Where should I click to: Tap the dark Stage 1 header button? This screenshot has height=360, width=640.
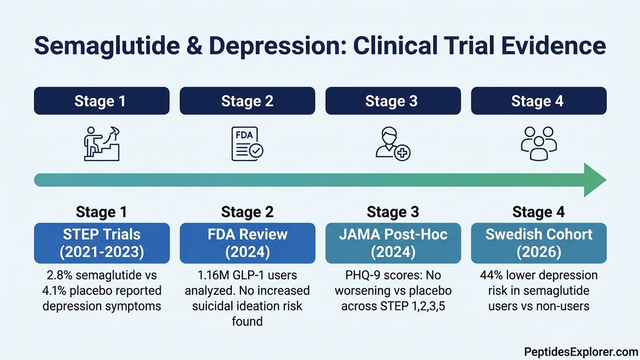coord(101,101)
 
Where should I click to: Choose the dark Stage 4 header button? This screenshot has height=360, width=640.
coord(538,101)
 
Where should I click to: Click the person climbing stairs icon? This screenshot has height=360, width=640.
coord(101,143)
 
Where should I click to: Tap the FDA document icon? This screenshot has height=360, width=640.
coord(247,143)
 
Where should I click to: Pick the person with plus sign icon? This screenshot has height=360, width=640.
coord(392,143)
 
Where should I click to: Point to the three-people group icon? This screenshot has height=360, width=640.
coord(537,143)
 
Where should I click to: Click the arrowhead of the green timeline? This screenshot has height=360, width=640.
coord(594,180)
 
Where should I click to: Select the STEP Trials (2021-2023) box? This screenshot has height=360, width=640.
coord(101,243)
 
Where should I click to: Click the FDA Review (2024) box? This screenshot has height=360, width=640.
coord(247,243)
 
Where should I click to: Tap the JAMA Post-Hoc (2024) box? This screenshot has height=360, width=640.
coord(392,243)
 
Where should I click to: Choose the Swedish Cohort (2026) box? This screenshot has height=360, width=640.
coord(538,243)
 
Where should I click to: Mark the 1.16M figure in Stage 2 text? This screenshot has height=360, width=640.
coord(207,276)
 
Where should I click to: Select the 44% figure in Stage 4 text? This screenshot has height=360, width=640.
coord(492,276)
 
